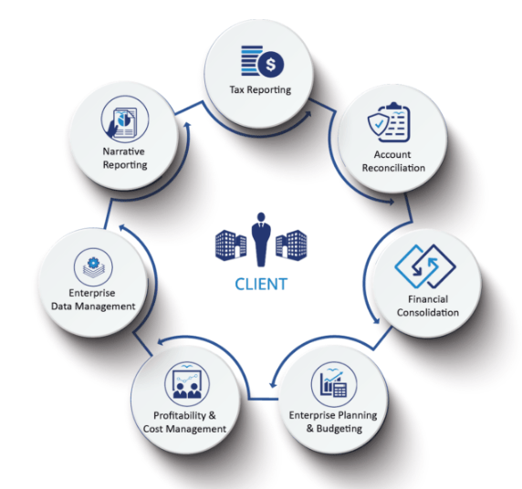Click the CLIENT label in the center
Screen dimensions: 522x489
(x=261, y=285)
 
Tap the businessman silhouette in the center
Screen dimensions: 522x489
(x=261, y=240)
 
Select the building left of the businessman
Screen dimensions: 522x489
(x=231, y=245)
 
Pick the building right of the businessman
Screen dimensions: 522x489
(x=291, y=245)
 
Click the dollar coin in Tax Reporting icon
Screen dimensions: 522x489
(x=271, y=64)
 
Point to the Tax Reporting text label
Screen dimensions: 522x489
(x=260, y=90)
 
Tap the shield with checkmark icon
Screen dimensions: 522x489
(x=379, y=125)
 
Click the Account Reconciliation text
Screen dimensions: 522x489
(x=393, y=161)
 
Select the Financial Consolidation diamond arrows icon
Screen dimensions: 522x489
(x=425, y=266)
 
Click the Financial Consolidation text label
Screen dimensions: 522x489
(x=428, y=306)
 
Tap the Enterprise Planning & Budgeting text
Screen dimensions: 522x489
(x=333, y=421)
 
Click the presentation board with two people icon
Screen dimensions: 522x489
(x=187, y=384)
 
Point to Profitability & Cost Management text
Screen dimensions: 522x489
(x=184, y=422)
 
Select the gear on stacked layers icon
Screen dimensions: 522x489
(x=93, y=267)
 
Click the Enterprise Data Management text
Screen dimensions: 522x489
(x=93, y=299)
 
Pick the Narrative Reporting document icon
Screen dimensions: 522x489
(x=122, y=122)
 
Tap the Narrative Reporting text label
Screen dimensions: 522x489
(x=125, y=158)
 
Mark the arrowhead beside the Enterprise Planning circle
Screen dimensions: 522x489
(x=273, y=384)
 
